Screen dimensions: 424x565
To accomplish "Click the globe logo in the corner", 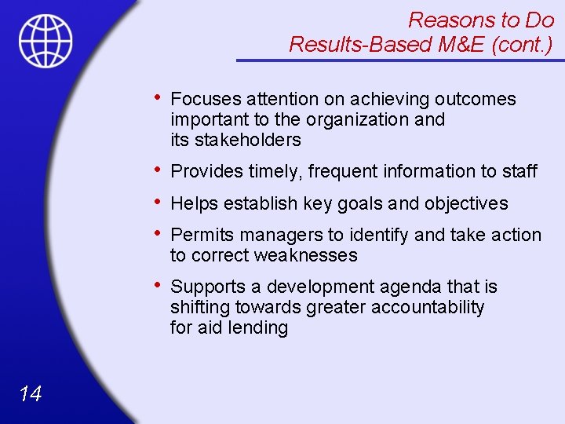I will [x=46, y=40].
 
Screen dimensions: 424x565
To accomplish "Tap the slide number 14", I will [x=30, y=394].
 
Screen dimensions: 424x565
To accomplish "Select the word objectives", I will [x=466, y=203].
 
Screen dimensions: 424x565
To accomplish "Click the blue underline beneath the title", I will [x=400, y=60].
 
